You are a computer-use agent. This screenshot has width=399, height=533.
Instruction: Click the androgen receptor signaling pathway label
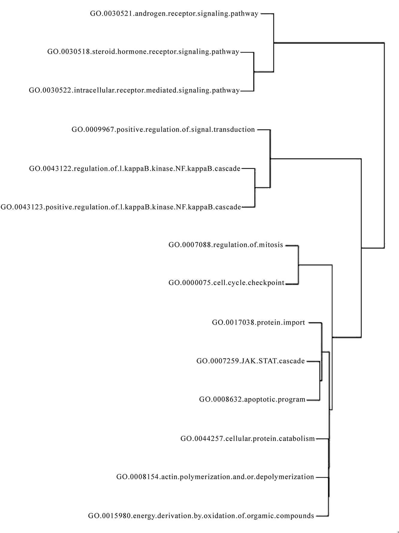[174, 14]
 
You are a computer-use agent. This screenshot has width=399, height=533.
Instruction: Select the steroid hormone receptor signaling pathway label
[143, 52]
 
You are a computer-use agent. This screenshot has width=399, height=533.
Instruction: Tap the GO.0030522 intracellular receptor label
[134, 90]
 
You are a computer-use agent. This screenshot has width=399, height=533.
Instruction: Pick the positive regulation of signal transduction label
[163, 130]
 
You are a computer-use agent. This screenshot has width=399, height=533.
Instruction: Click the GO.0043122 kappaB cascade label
[135, 168]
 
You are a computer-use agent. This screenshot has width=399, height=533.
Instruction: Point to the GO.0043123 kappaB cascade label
[121, 207]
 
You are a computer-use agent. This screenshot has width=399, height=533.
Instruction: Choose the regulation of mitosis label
[226, 245]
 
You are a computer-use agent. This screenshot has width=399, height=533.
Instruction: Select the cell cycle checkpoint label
[226, 283]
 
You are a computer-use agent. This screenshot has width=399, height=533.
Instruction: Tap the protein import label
[258, 323]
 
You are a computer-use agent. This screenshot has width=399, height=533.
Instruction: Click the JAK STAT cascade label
[250, 361]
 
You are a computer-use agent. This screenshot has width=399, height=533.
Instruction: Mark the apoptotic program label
[252, 399]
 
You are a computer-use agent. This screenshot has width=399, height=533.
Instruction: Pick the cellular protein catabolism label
[247, 439]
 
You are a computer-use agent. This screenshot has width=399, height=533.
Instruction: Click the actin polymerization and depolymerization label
[215, 477]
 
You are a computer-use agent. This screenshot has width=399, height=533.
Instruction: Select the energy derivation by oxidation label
[201, 516]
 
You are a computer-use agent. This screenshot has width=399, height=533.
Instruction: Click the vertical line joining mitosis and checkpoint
[298, 264]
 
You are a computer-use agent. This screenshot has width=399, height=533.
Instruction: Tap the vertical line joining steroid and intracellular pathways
[254, 71]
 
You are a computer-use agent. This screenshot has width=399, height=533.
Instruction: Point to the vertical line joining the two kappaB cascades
[255, 188]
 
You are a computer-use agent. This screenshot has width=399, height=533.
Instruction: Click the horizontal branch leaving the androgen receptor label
[267, 14]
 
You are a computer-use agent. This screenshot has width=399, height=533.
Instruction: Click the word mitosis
[272, 245]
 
